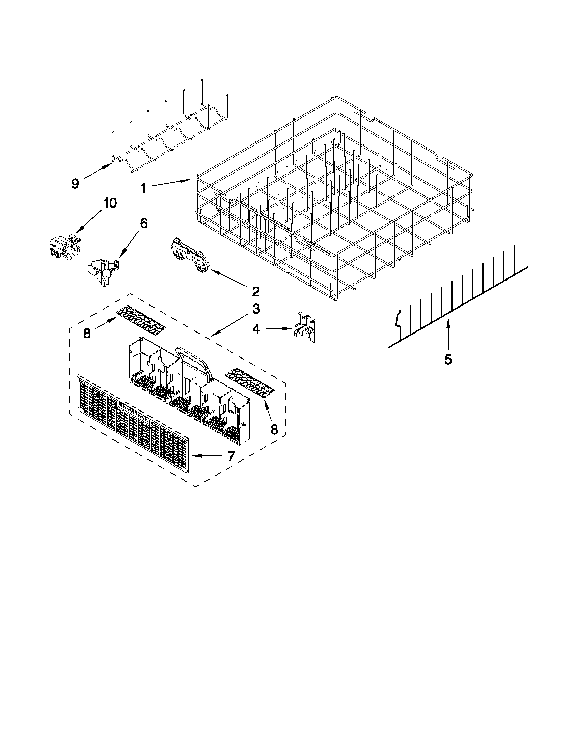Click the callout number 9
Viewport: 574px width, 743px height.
[75, 184]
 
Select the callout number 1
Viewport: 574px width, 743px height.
[143, 188]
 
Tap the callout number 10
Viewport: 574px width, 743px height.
[110, 203]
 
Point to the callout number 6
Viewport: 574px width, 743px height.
[144, 223]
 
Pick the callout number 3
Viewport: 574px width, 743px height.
[256, 309]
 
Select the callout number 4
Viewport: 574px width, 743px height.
[256, 329]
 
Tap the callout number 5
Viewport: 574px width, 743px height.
[448, 359]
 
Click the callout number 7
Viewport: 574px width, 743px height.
[231, 456]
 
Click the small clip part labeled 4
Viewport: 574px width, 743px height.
[305, 326]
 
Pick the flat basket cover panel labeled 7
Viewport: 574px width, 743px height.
[133, 425]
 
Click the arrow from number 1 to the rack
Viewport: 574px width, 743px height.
[170, 183]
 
